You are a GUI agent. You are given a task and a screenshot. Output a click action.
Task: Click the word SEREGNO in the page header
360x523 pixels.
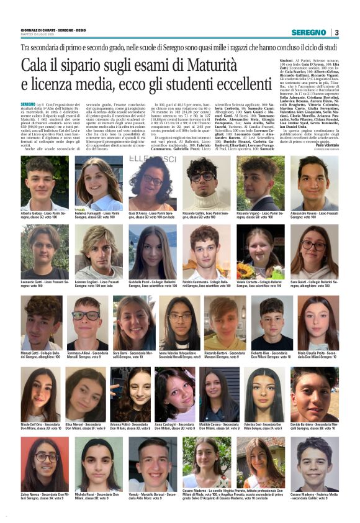coord(308,32)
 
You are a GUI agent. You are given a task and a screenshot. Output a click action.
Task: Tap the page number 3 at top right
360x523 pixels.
coord(336,32)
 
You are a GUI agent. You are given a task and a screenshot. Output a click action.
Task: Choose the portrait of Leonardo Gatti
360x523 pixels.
coord(44,252)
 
